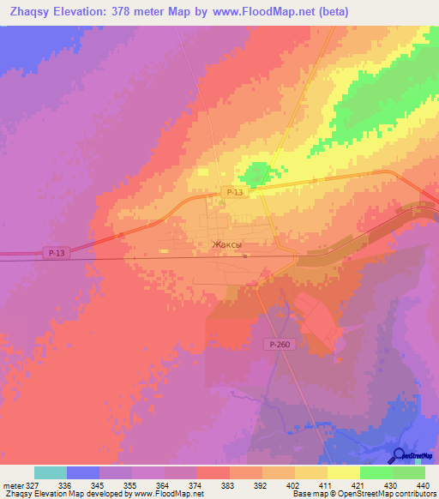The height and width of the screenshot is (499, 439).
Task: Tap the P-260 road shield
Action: click(x=274, y=343)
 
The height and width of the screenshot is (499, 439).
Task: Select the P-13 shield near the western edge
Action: click(x=56, y=253)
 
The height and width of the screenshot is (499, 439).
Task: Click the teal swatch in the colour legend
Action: click(x=51, y=472)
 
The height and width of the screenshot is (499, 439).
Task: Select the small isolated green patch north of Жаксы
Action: click(x=253, y=177)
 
